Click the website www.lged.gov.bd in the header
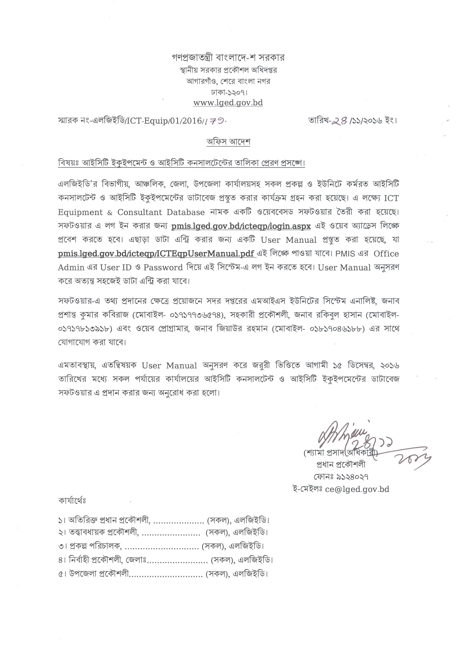point(228,103)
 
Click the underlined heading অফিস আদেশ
point(228,142)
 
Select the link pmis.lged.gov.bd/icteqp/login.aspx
point(241,226)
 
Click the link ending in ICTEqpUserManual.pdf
point(156,254)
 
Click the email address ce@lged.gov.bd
point(357,489)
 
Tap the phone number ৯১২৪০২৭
point(353,477)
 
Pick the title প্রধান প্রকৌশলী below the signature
point(341,465)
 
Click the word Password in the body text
point(163,268)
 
